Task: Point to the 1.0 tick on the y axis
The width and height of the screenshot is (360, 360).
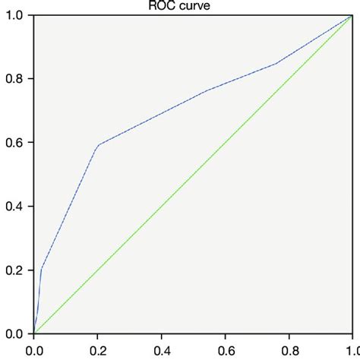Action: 15,15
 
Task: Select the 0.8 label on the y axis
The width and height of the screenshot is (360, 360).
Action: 15,79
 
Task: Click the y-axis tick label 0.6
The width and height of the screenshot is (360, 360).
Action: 15,143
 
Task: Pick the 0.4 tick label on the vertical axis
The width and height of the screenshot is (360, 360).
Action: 15,207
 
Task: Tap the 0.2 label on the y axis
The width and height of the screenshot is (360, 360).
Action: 15,270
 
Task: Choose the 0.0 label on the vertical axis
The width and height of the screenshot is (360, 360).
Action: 15,334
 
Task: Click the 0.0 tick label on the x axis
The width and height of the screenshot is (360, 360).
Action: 34,351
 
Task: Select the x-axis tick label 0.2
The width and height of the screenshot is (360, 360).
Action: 98,351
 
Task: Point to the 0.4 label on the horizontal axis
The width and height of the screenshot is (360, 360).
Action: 162,351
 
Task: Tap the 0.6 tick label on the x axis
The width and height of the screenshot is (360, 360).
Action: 226,351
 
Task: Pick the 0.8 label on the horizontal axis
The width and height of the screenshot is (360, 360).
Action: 289,351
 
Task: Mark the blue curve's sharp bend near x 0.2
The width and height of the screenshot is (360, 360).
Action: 98,145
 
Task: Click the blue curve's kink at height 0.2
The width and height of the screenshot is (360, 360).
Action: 41,269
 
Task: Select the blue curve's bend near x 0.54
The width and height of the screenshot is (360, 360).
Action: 206,91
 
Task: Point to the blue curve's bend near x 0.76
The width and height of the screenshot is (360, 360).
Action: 276,64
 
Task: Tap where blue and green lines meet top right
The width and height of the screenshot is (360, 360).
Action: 351,15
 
